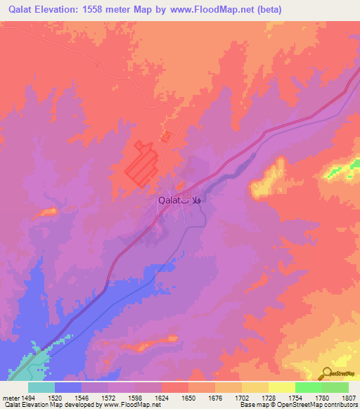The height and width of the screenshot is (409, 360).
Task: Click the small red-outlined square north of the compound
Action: (166, 137)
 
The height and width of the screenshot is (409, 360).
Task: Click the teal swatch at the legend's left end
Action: (41, 387)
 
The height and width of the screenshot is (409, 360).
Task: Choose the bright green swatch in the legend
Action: (308, 387)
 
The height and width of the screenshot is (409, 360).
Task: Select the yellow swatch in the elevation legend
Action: (281, 387)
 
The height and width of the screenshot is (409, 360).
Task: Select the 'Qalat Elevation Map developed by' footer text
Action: (46, 405)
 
